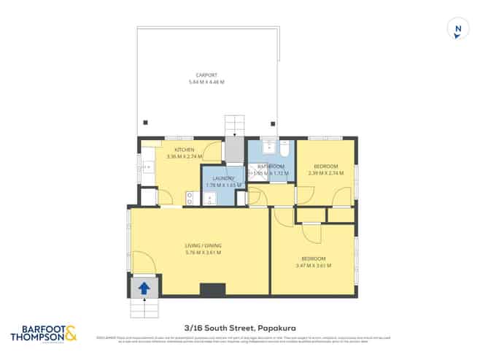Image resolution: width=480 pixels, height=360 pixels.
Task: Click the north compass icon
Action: click(x=457, y=30)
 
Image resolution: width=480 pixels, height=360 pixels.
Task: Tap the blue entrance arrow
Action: click(x=144, y=288)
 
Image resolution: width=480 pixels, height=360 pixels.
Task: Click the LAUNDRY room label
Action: click(x=223, y=178)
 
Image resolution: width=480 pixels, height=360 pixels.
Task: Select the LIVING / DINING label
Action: click(x=204, y=245)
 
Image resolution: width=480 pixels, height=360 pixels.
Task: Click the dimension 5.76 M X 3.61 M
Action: click(x=204, y=253)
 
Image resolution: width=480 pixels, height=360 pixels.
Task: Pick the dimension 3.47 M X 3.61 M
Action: click(x=314, y=266)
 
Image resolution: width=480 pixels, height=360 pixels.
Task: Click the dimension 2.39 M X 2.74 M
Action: click(x=324, y=174)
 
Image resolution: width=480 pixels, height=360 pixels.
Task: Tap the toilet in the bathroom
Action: click(x=284, y=148)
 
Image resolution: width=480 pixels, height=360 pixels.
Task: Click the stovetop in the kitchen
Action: click(x=190, y=197)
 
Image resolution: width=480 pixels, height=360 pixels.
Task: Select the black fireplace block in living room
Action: click(x=213, y=290)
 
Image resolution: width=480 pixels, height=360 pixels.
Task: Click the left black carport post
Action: click(x=145, y=123)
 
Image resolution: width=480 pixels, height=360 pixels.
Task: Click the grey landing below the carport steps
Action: click(x=233, y=150)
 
